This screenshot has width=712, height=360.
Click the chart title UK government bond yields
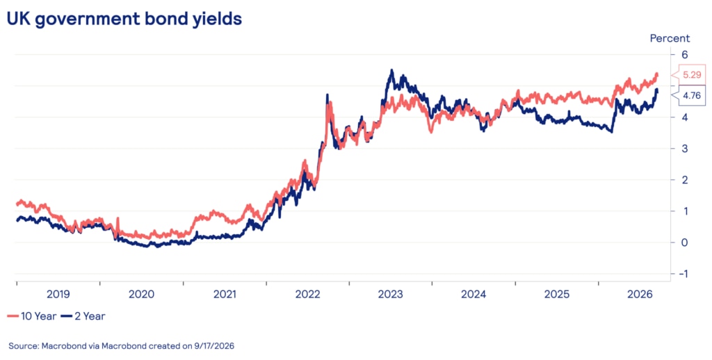point(124,19)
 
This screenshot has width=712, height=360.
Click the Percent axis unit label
point(670,39)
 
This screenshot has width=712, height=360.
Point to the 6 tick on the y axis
point(685,54)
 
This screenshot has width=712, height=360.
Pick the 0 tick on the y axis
point(685,243)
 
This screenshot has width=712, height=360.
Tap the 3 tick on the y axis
point(685,149)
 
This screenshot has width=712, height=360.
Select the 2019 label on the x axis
point(58,295)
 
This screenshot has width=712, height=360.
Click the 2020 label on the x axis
point(141,295)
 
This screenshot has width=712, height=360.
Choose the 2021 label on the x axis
point(225,295)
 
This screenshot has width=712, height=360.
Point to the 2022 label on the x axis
point(307,295)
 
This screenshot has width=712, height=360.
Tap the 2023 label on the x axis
point(391,295)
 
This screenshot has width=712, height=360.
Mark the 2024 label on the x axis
point(474,295)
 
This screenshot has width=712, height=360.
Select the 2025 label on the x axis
point(557,295)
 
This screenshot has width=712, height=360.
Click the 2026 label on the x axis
point(640,295)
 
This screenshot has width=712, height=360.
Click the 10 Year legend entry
point(32,316)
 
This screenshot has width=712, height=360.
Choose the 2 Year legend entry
point(83,316)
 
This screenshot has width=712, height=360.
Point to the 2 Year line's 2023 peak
point(392,70)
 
